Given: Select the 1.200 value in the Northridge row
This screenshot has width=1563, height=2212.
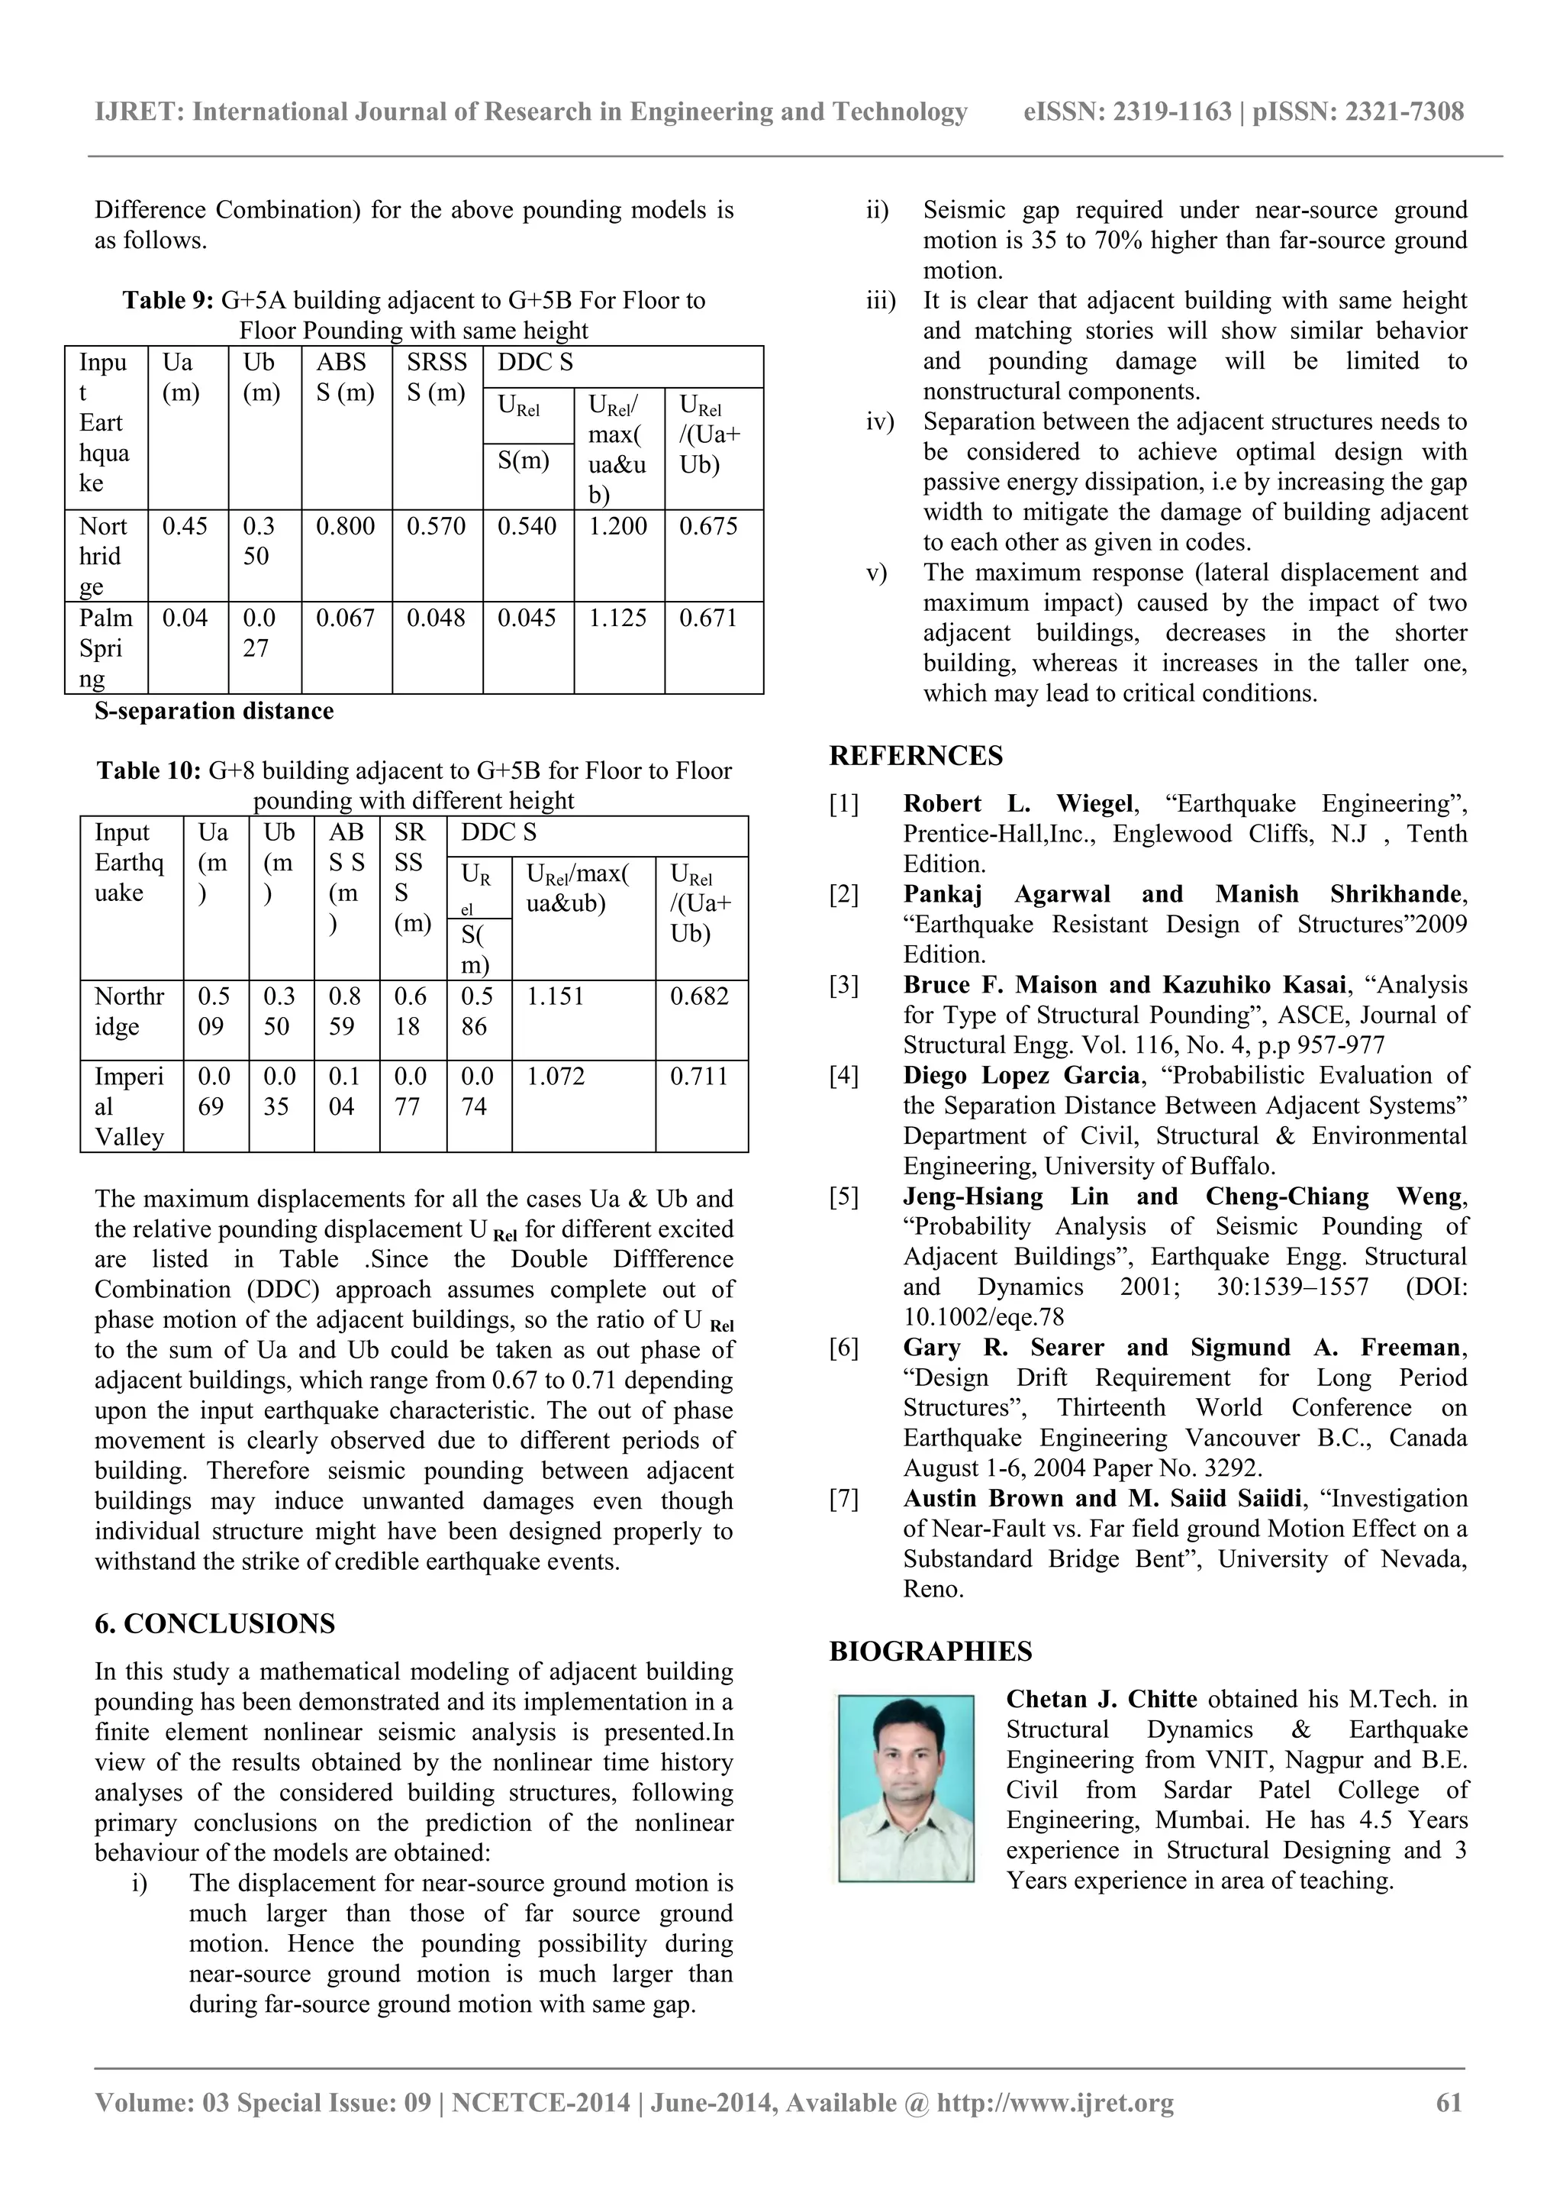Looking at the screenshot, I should pyautogui.click(x=617, y=527).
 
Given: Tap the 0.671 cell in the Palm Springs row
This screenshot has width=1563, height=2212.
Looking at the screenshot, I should pyautogui.click(x=707, y=618).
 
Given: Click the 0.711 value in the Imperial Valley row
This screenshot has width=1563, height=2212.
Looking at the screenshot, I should pyautogui.click(x=699, y=1076).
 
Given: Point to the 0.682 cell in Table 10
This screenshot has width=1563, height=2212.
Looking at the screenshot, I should pyautogui.click(x=699, y=996).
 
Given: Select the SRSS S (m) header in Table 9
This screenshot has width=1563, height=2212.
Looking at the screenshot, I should pyautogui.click(x=437, y=378).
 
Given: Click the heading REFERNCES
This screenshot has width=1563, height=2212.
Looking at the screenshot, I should pyautogui.click(x=916, y=756).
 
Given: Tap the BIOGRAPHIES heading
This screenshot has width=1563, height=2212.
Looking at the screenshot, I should pyautogui.click(x=930, y=1652).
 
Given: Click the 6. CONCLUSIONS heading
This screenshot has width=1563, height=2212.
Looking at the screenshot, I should pyautogui.click(x=214, y=1624).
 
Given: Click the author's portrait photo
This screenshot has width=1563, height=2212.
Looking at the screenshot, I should pyautogui.click(x=905, y=1788).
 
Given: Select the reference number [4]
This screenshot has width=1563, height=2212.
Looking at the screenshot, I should pyautogui.click(x=843, y=1076).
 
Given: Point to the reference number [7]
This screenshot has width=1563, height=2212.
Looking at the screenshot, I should pyautogui.click(x=843, y=1499).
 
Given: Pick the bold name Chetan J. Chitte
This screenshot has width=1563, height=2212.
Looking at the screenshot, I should pyautogui.click(x=1101, y=1700).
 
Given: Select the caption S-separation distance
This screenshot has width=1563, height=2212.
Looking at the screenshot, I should pyautogui.click(x=214, y=712).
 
